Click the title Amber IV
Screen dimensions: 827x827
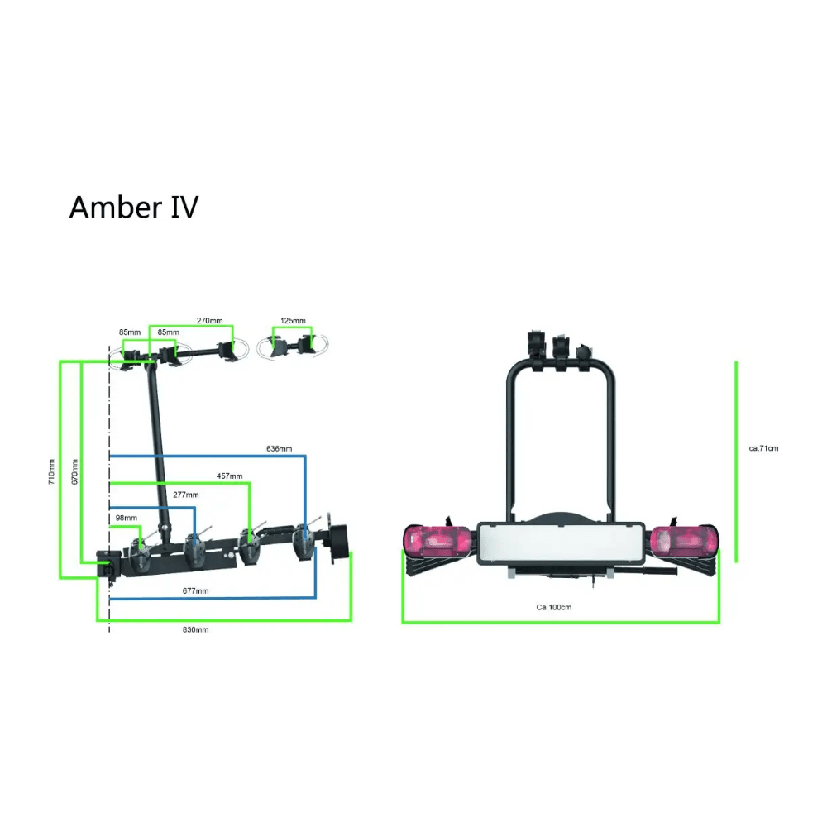tap(133, 207)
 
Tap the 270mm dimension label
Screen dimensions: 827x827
tap(209, 320)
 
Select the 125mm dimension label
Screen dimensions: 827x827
tap(293, 320)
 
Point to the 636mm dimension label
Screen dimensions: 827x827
tap(279, 449)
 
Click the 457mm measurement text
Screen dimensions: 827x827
tap(229, 476)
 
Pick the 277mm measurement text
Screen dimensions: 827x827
tap(186, 495)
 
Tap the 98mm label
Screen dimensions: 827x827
tap(126, 518)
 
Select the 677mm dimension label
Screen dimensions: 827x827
tap(195, 590)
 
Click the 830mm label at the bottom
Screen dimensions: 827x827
tap(195, 630)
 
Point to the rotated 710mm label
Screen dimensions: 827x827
tap(52, 471)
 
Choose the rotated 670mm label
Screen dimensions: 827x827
tap(74, 471)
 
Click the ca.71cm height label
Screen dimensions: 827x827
tap(763, 448)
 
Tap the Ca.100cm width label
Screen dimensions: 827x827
tap(554, 607)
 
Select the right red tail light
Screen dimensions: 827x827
tap(682, 541)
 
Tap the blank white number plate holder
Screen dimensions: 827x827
tap(561, 544)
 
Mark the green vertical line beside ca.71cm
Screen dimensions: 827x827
tap(735, 461)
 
